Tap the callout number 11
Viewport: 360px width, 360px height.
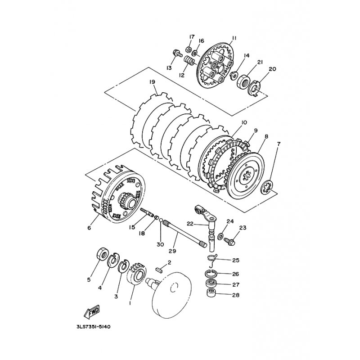234,38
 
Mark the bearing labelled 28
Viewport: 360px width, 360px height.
212,294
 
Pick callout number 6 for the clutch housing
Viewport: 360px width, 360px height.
89,228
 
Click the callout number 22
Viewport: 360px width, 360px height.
190,223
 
